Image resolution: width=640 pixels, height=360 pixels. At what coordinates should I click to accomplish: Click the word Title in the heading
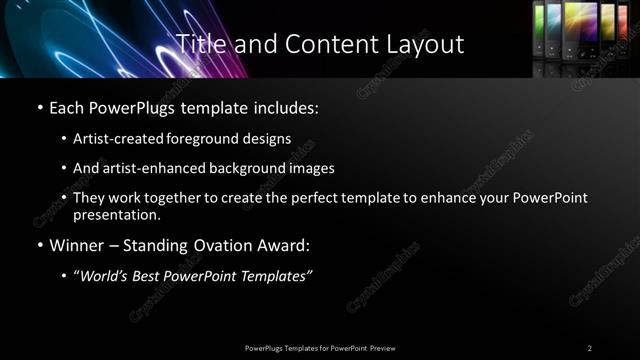(x=199, y=44)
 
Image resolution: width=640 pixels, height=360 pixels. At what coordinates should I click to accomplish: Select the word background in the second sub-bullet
(x=267, y=168)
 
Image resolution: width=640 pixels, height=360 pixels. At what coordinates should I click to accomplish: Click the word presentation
(x=117, y=214)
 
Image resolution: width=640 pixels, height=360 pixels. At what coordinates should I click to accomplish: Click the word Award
(x=280, y=245)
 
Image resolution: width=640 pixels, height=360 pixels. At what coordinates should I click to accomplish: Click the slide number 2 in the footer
(x=589, y=348)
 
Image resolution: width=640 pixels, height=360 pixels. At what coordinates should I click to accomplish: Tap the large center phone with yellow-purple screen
(x=579, y=28)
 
